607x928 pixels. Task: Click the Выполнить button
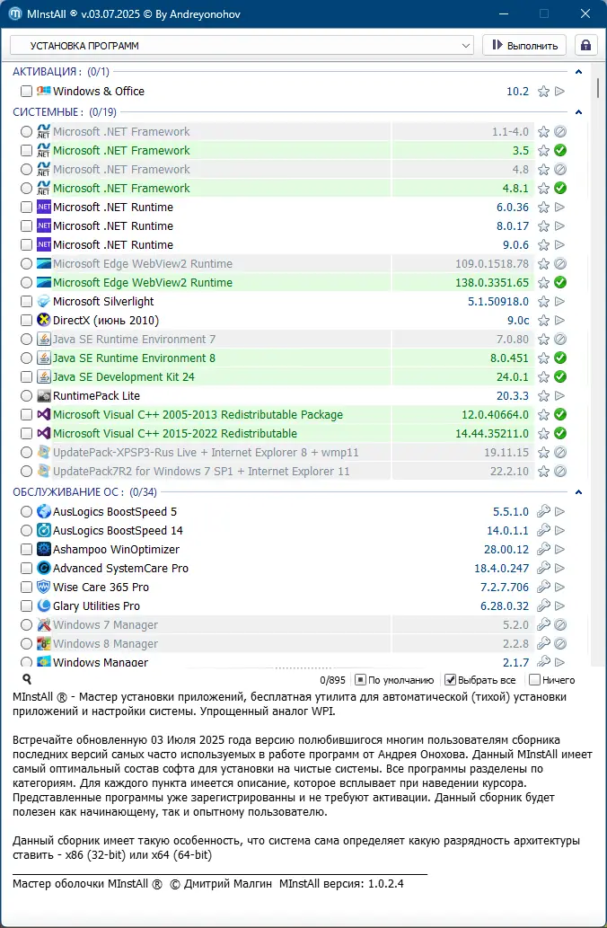(x=524, y=45)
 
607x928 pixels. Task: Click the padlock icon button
(x=585, y=45)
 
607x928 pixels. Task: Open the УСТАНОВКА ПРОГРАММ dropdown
(x=242, y=45)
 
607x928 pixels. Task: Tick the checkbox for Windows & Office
(x=26, y=91)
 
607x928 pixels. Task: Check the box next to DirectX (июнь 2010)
(x=26, y=320)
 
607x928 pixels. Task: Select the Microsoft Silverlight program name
(x=103, y=301)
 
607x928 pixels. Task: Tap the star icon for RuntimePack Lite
(x=543, y=395)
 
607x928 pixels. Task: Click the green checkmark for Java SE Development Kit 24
(x=559, y=376)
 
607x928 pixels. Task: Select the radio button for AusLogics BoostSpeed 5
(x=26, y=511)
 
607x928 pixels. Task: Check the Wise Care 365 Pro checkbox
(x=26, y=587)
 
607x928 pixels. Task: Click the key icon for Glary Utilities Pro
(x=543, y=605)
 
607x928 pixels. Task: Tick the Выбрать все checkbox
(x=451, y=680)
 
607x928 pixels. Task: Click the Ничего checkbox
(x=535, y=680)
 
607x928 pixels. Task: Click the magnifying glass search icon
(x=27, y=680)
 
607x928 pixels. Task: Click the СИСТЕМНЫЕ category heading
(x=48, y=111)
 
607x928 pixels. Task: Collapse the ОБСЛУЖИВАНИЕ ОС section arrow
(x=578, y=492)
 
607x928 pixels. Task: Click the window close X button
(x=585, y=14)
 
